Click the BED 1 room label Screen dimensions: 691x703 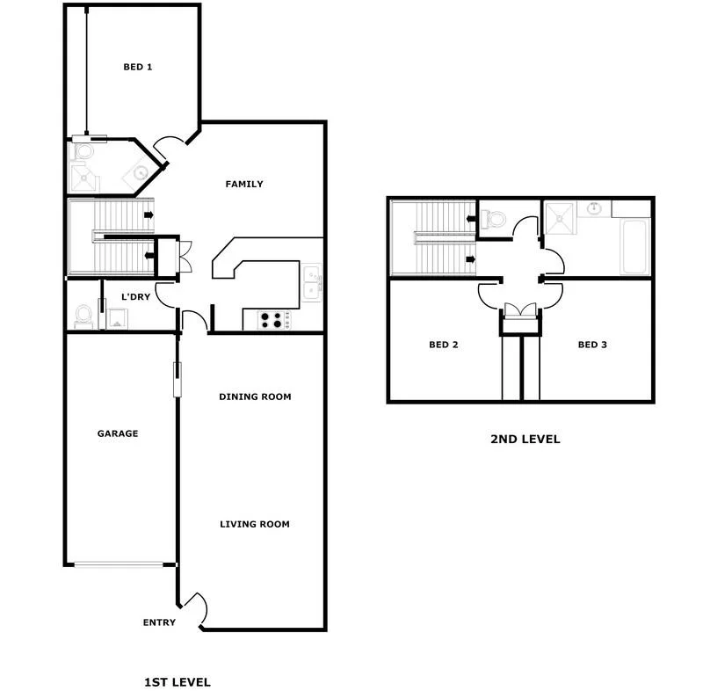tap(137, 67)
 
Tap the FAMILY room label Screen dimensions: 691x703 tap(244, 185)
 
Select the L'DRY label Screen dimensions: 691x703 tap(135, 298)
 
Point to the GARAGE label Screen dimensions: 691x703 tap(117, 433)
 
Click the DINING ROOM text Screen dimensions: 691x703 tap(255, 396)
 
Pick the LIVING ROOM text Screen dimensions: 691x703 tap(255, 525)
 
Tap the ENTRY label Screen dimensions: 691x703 tap(159, 622)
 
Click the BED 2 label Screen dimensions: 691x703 tap(444, 345)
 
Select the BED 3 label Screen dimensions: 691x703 tap(592, 345)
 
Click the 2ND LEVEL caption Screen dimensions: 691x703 tap(525, 440)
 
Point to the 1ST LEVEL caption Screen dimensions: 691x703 tap(177, 681)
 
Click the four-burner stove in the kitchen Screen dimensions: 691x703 tap(272, 320)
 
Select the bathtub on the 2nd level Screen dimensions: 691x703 tap(634, 246)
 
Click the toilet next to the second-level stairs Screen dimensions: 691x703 tap(493, 218)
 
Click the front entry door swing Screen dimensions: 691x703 tap(197, 608)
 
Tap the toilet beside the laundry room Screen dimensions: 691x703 tap(83, 314)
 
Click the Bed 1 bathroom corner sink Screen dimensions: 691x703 tap(141, 172)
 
